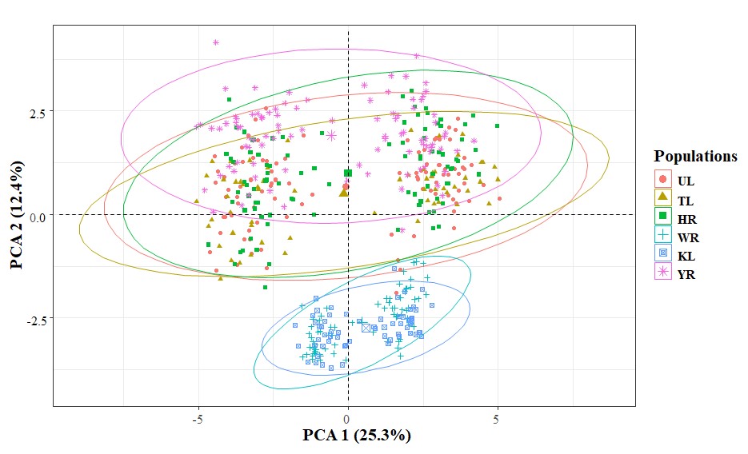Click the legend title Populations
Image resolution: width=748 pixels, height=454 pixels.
(x=694, y=156)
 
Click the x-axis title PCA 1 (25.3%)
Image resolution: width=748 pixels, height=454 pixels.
(x=356, y=436)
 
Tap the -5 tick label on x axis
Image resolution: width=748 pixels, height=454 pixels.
(x=196, y=419)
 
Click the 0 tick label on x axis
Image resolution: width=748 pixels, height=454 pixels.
(x=348, y=419)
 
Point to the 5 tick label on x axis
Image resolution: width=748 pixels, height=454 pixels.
(x=498, y=419)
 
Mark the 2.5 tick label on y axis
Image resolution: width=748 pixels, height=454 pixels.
(x=36, y=111)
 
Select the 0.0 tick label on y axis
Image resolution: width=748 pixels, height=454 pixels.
(x=36, y=215)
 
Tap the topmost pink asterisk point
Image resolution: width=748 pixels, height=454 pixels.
(x=216, y=42)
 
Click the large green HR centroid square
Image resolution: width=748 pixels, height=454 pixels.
(x=348, y=173)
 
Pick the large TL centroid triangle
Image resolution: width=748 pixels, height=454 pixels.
(x=344, y=191)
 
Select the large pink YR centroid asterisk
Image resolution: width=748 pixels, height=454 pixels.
(x=331, y=135)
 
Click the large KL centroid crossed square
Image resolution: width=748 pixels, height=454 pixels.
(x=366, y=328)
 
